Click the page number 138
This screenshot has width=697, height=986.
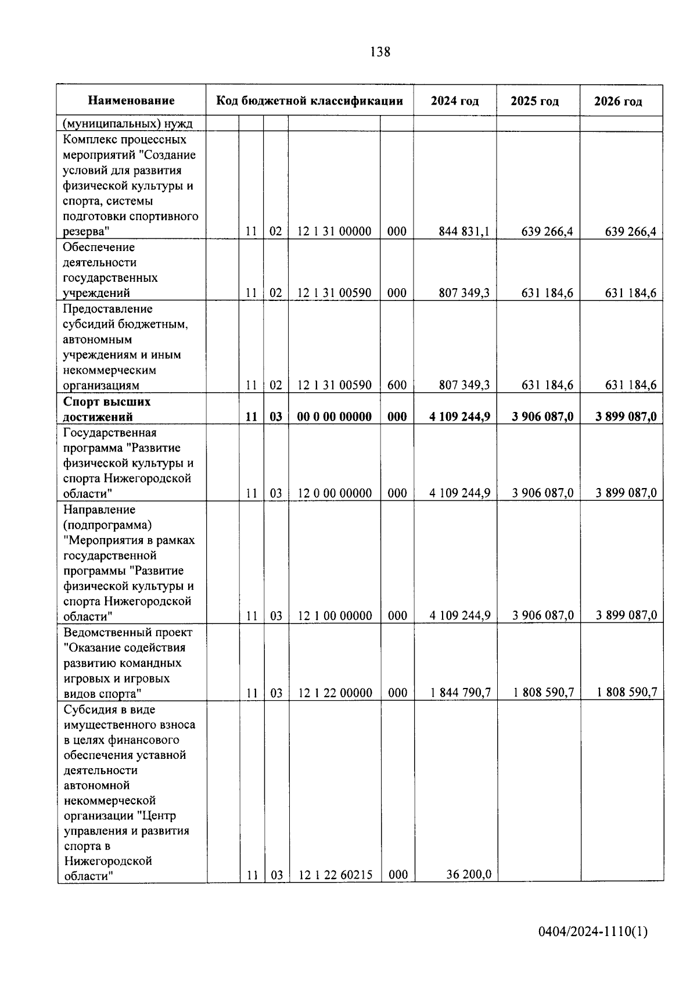380,52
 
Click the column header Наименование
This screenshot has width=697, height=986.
131,101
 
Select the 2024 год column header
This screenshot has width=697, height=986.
455,101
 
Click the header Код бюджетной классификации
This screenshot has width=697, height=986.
310,101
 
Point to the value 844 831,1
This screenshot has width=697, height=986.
464,231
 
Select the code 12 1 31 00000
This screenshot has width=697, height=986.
334,231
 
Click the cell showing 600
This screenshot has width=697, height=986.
397,385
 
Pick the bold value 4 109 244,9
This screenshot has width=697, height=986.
459,417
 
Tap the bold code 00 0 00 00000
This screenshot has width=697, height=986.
334,417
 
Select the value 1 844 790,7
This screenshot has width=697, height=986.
461,693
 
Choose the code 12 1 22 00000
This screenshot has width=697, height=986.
335,693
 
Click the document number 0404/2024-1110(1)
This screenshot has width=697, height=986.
592,933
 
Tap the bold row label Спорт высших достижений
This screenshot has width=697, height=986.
107,409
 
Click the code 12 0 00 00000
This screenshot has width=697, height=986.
335,493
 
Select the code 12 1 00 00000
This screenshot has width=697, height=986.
335,616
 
